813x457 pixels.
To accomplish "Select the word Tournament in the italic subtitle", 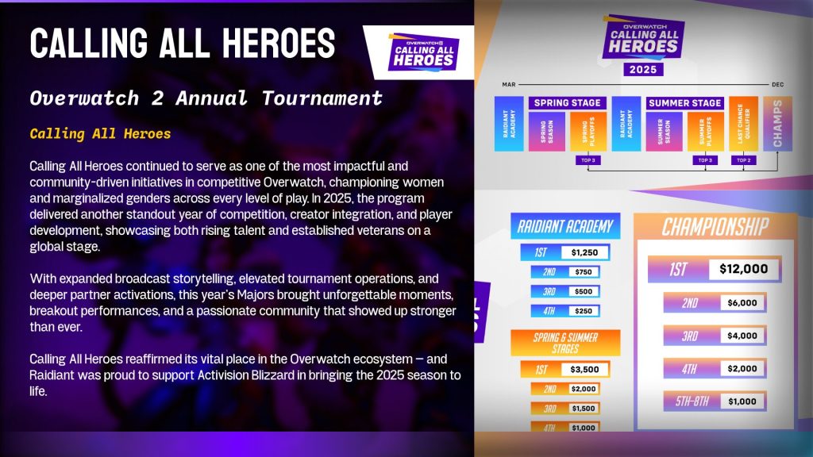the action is (322, 98).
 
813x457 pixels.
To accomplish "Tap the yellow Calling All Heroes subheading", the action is (100, 133).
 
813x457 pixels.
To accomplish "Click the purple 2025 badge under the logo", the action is (643, 70).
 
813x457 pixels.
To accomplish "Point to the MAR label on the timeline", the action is (509, 84).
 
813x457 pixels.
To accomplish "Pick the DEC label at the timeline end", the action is (778, 84).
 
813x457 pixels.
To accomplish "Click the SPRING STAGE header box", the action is (567, 102).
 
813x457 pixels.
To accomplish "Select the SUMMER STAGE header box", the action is (685, 102).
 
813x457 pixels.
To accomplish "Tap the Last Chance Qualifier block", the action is (743, 124).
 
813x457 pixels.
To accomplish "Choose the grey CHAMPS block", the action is (777, 124).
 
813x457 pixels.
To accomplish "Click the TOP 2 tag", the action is (743, 160).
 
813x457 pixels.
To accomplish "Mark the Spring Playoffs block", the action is (588, 132).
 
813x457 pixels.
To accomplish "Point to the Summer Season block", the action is (665, 132).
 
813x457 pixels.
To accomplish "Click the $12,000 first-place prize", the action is (743, 269).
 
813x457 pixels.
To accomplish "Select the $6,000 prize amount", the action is (742, 302).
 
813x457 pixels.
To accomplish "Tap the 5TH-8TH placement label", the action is (692, 401).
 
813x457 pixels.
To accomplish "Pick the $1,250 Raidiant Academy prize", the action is (584, 252).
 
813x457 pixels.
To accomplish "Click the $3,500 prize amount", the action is (584, 370).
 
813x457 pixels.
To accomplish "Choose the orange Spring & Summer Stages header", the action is (565, 343).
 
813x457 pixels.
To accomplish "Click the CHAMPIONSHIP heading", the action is (715, 227).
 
